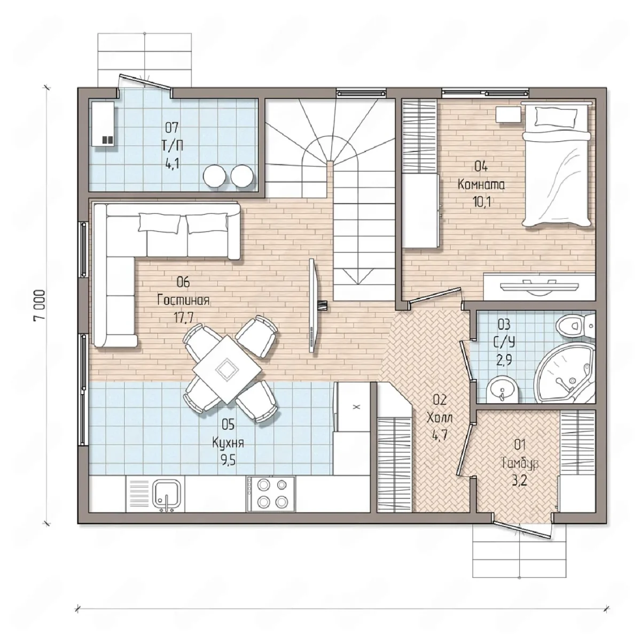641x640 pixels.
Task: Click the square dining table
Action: point(227,369)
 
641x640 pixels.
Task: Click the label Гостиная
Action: point(183,300)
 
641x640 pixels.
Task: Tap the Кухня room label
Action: point(228,443)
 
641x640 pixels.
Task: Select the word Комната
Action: point(481,184)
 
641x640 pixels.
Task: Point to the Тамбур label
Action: point(520,464)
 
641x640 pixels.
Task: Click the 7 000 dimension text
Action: point(39,305)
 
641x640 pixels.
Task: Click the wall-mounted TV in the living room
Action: point(314,305)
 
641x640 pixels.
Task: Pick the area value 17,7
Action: point(183,318)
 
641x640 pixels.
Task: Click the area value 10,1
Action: point(481,202)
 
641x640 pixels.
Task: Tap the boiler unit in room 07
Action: point(103,124)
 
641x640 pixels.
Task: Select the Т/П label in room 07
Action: point(171,146)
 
